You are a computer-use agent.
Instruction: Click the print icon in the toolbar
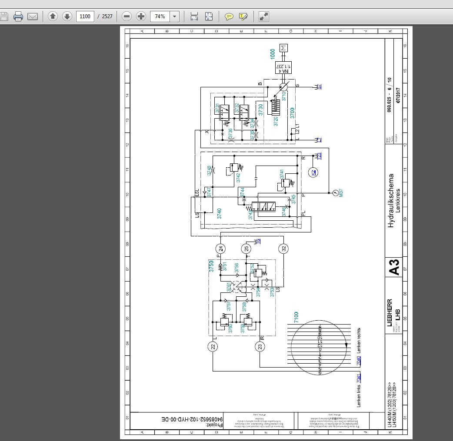tap(18, 17)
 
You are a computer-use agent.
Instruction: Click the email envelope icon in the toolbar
tap(33, 17)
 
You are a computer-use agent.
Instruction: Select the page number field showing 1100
tap(85, 17)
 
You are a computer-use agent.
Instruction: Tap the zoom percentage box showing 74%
tap(160, 17)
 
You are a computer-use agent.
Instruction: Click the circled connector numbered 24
tap(221, 249)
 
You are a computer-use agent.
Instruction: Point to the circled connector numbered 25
tap(246, 249)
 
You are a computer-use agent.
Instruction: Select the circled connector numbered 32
tap(283, 249)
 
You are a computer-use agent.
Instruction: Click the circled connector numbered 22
tap(213, 346)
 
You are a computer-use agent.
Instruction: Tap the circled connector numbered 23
tap(260, 346)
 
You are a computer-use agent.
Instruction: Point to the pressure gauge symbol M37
tap(335, 192)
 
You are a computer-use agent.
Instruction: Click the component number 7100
tap(296, 317)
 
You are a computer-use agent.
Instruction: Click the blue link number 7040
tap(359, 361)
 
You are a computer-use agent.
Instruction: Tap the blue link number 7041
tap(359, 378)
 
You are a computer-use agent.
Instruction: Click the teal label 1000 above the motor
tap(273, 54)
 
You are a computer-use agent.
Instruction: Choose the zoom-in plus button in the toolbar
tap(141, 17)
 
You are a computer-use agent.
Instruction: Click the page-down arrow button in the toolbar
tap(67, 17)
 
